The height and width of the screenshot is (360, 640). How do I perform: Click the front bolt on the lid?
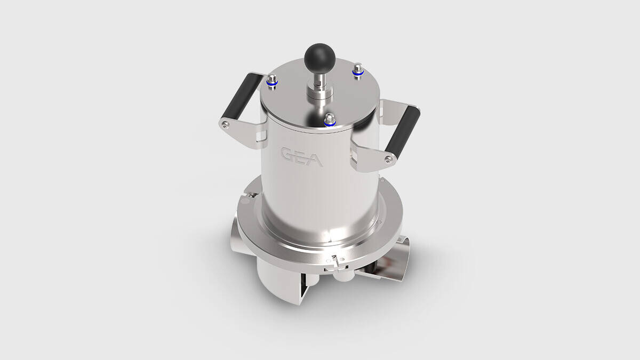(330, 119)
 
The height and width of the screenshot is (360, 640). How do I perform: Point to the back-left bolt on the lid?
(271, 82)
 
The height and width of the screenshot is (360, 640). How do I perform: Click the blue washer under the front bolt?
(330, 123)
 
